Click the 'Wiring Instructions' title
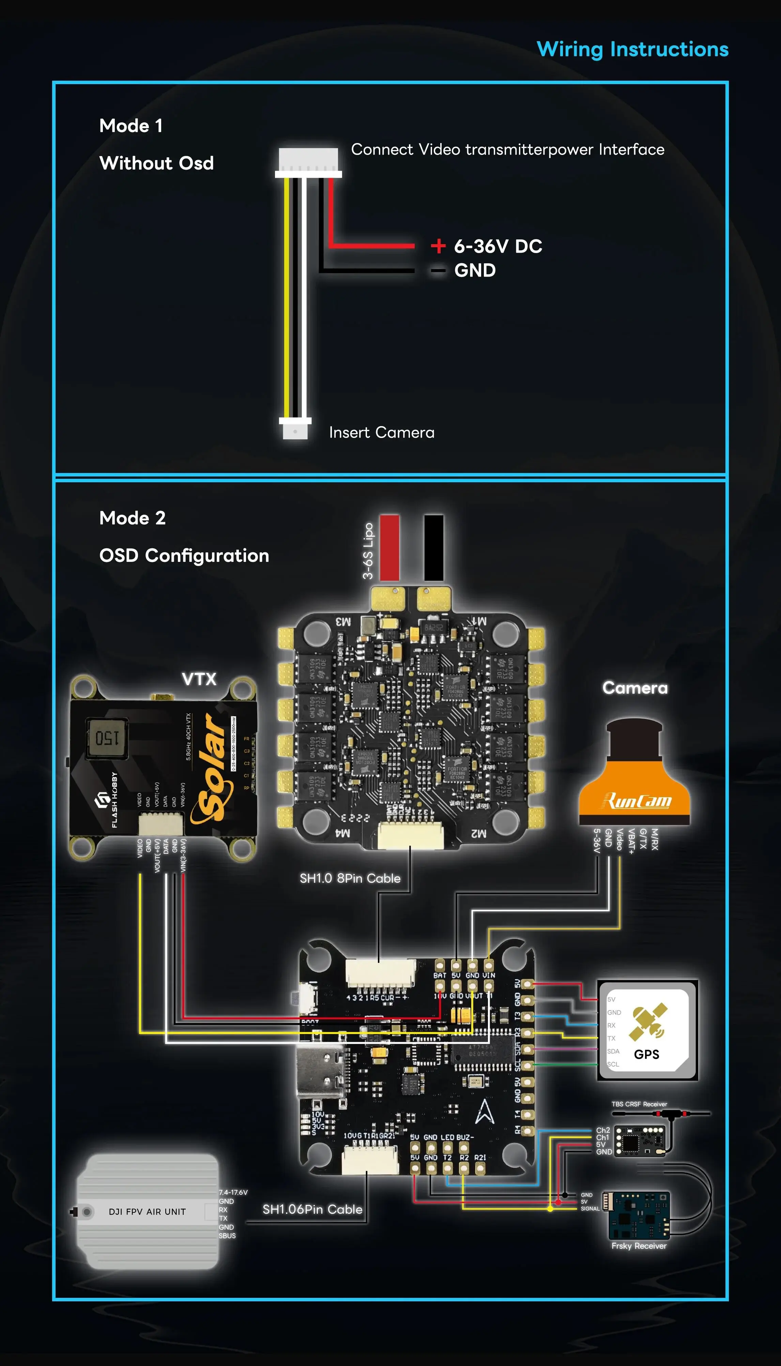click(632, 49)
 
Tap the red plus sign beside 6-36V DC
click(438, 246)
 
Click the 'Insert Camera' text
click(381, 432)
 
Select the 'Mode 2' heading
click(133, 518)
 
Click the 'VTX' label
click(199, 679)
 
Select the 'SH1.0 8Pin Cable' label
click(350, 878)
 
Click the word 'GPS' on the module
click(646, 1054)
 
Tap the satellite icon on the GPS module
click(649, 1021)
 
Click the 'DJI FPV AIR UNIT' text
click(147, 1212)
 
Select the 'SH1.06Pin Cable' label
click(312, 1209)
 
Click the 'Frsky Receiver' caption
click(639, 1246)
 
